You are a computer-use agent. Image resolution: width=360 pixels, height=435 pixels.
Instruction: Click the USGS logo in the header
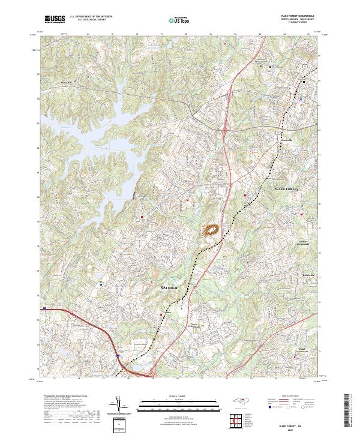coord(55,19)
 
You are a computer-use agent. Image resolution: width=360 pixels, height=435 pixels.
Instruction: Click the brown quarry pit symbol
coord(212,230)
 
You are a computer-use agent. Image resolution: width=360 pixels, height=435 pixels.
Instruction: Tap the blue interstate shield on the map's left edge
coord(44,309)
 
